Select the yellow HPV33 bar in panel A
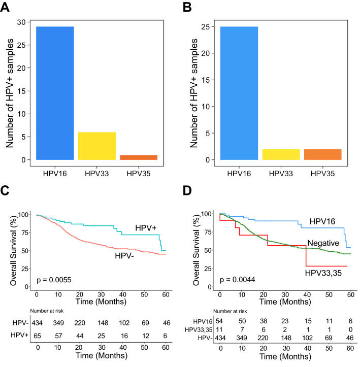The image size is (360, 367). [x=97, y=146]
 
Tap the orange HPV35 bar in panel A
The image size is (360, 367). [x=139, y=157]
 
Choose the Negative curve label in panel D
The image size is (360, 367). [x=309, y=243]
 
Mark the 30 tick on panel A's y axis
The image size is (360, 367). [x=22, y=22]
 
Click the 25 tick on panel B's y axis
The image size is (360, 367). [x=206, y=26]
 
